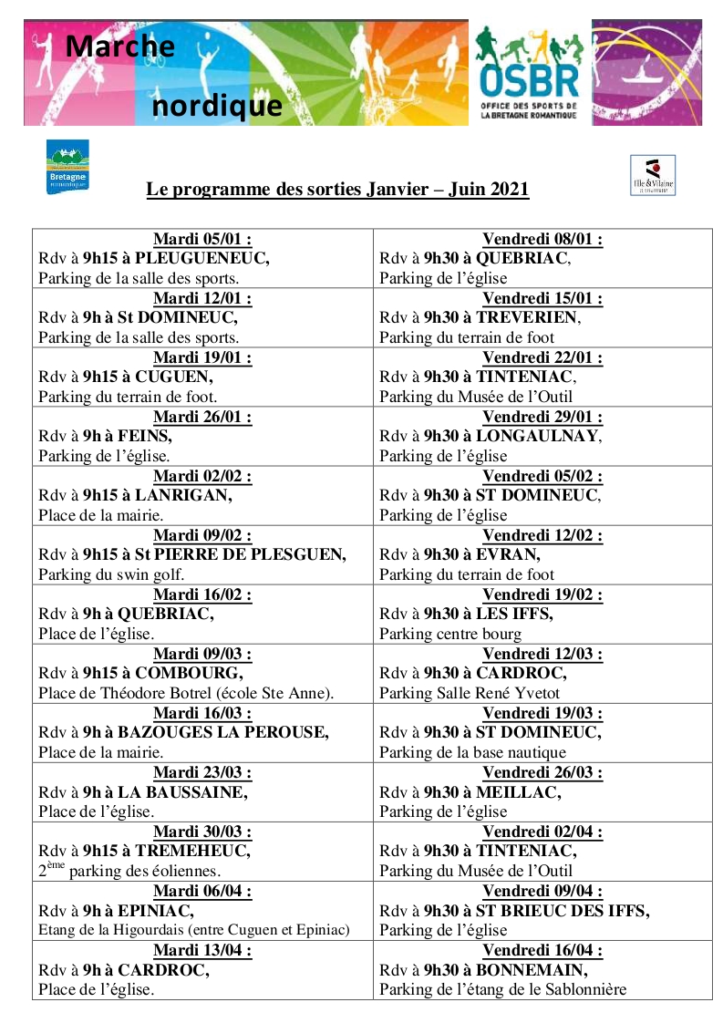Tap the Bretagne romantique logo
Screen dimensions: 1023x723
(x=67, y=167)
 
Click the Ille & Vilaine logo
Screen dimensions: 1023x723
(x=653, y=175)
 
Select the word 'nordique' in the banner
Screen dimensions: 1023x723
(x=217, y=106)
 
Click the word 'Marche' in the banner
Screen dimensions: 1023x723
(x=120, y=45)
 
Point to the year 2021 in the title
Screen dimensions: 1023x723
(x=509, y=190)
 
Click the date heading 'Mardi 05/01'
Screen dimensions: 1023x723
(x=202, y=240)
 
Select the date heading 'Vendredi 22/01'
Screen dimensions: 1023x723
(x=542, y=358)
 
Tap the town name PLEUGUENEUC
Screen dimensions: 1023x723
(x=201, y=258)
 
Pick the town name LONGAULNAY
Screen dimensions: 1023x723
(x=538, y=436)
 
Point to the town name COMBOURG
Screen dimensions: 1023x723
(x=189, y=674)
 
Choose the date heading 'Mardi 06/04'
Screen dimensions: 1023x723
(x=202, y=892)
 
